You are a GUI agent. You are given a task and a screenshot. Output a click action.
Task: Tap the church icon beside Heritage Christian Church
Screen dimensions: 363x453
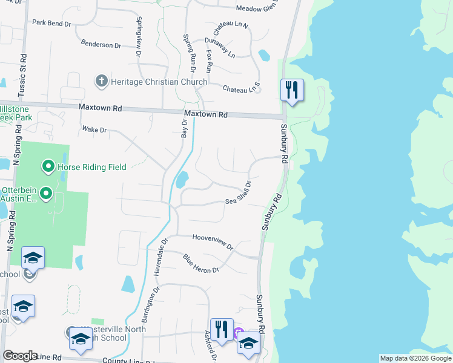[x=101, y=80]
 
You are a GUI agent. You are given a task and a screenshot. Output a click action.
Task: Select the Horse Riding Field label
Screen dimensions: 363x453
[x=91, y=167]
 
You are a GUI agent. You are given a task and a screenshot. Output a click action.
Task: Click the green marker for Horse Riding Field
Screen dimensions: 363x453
[x=47, y=166]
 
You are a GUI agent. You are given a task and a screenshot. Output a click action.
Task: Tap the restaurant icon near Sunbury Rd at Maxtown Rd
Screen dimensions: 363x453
[x=292, y=90]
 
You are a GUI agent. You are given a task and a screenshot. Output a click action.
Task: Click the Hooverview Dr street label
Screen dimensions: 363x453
[x=213, y=242]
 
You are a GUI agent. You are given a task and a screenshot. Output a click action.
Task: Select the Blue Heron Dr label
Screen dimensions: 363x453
[x=200, y=263]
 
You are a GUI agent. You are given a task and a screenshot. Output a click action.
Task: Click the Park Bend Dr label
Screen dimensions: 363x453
[x=52, y=22]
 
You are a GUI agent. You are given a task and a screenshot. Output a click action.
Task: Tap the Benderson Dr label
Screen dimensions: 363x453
[x=101, y=45]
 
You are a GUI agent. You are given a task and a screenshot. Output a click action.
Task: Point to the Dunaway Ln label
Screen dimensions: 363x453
[x=220, y=47]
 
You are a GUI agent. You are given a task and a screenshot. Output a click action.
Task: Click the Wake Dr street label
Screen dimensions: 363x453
[x=94, y=129]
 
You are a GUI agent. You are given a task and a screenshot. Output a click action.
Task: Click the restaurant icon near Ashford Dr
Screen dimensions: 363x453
[x=222, y=330]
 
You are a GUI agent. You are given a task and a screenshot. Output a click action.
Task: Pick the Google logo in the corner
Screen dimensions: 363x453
[x=20, y=356]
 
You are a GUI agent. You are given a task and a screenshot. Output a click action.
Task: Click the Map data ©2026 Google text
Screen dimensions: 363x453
[x=415, y=358]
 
